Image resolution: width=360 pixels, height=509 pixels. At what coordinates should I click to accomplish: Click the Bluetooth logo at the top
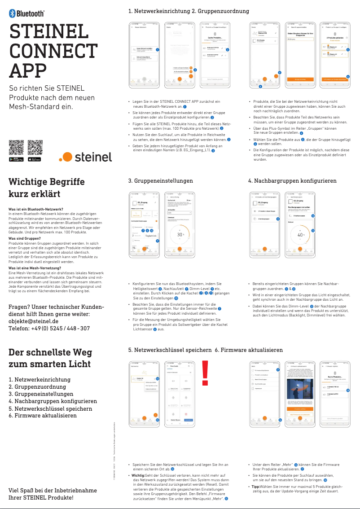pyautogui.click(x=26, y=13)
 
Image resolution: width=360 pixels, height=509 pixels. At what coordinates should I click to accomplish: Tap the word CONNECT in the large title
pyautogui.click(x=51, y=51)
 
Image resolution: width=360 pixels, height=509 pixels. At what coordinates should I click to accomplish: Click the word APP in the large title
pyautogui.click(x=28, y=70)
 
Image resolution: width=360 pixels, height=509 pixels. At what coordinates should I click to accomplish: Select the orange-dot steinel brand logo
pyautogui.click(x=85, y=157)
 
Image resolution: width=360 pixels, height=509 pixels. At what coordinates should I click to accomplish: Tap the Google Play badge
pyautogui.click(x=16, y=159)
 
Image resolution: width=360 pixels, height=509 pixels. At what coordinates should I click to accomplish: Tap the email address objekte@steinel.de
pyautogui.click(x=34, y=321)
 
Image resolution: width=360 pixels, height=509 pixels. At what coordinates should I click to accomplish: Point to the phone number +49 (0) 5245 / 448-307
pyautogui.click(x=49, y=329)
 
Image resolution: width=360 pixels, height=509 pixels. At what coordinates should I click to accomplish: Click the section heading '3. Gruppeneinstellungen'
pyautogui.click(x=160, y=181)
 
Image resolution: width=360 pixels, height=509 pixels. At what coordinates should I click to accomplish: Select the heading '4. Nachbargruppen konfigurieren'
pyautogui.click(x=292, y=181)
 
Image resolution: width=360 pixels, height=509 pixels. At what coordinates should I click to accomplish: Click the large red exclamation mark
pyautogui.click(x=206, y=373)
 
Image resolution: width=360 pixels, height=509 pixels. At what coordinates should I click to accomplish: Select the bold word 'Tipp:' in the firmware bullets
pyautogui.click(x=256, y=487)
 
